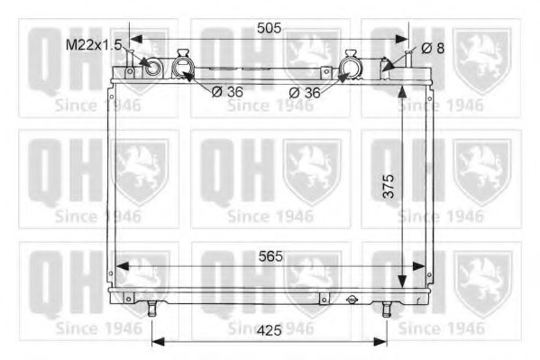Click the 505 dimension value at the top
click(269, 28)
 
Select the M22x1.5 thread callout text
click(94, 45)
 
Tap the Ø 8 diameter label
click(433, 49)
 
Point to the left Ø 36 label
click(227, 92)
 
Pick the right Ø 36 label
click(305, 92)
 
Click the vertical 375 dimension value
click(389, 186)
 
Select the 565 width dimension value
click(270, 256)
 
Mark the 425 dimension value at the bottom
click(270, 331)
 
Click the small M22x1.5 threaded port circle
click(151, 67)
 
